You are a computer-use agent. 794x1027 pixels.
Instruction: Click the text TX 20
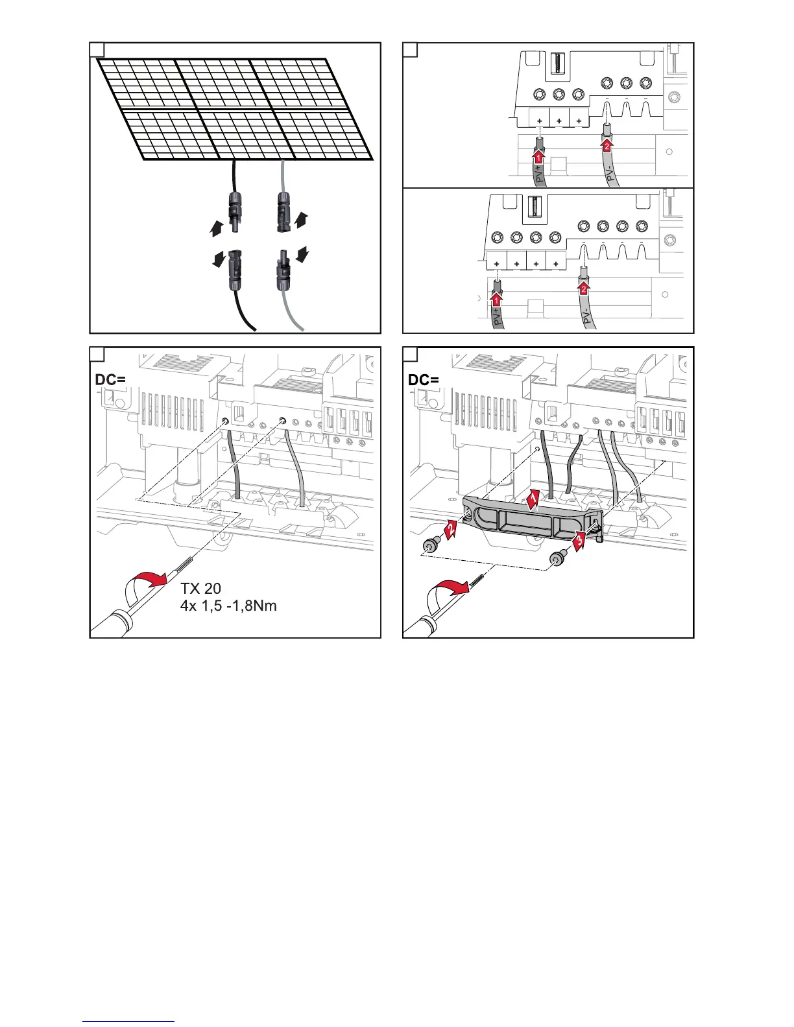201,589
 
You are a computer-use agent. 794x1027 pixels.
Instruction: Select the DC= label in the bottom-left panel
110,380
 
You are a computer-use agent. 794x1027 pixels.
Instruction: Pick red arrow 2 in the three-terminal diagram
607,146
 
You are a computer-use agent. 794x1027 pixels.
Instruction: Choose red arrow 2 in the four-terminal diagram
583,290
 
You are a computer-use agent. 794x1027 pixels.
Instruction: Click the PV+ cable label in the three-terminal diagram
538,174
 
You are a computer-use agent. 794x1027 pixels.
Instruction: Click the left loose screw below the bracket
429,547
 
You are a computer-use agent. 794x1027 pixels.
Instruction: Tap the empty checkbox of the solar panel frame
96,49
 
